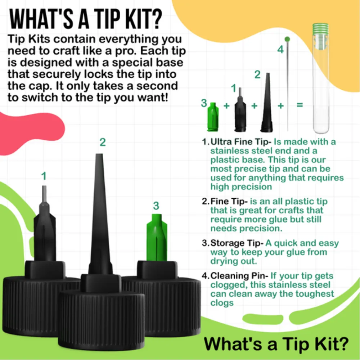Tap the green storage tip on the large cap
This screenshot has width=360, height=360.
coord(157,238)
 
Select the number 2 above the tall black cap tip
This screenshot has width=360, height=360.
coord(103,142)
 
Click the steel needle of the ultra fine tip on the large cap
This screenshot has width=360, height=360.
coord(44,194)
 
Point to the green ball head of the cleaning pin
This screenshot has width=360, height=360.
coord(287,39)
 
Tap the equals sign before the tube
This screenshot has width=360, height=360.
coord(300,105)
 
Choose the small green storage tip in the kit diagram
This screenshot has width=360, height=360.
coord(213,117)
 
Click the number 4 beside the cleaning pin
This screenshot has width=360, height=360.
coord(280,50)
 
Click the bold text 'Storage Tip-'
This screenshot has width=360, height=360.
coord(237,243)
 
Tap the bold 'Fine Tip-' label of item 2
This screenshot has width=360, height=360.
coord(229,201)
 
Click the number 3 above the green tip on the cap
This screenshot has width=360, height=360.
coord(156,206)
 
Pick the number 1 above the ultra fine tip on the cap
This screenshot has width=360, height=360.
coord(44,176)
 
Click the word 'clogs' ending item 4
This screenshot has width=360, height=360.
coord(222,303)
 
